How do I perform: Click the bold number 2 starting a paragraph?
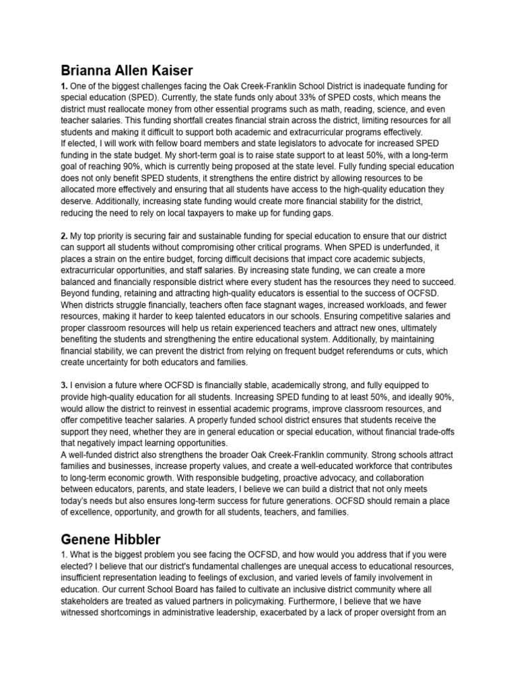tap(65, 237)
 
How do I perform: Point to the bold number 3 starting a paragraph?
tap(65, 384)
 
